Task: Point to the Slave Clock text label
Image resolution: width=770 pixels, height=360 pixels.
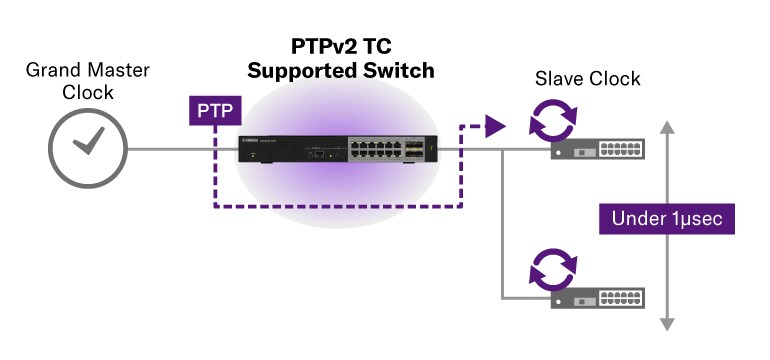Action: (x=587, y=79)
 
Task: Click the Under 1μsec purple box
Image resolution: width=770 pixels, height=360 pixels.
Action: (x=662, y=218)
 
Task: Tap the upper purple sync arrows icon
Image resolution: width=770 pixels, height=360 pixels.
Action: (x=553, y=126)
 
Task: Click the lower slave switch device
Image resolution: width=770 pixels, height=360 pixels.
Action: (x=596, y=297)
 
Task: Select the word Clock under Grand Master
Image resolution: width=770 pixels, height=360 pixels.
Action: (x=87, y=92)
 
